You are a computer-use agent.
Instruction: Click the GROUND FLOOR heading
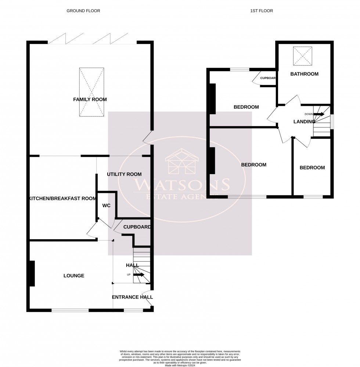coord(83,11)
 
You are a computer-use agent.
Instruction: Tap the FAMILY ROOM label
coord(90,100)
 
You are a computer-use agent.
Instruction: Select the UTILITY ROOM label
coord(124,174)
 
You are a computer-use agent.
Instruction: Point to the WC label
coord(107,206)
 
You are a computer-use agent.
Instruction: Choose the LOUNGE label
coord(74,276)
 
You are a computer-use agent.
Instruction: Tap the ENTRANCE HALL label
coord(132,297)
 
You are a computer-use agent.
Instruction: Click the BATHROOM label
coord(304,74)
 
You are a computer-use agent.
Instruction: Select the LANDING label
coord(304,122)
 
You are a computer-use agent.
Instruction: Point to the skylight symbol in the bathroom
coord(302,56)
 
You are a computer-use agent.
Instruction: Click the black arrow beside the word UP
coord(139,274)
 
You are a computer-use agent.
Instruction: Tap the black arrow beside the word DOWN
coord(318,114)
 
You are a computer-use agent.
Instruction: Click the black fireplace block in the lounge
coord(32,273)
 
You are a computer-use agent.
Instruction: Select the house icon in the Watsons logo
coord(182,162)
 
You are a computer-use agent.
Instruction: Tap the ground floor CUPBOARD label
coord(137,227)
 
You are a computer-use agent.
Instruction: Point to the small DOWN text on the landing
coord(309,114)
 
